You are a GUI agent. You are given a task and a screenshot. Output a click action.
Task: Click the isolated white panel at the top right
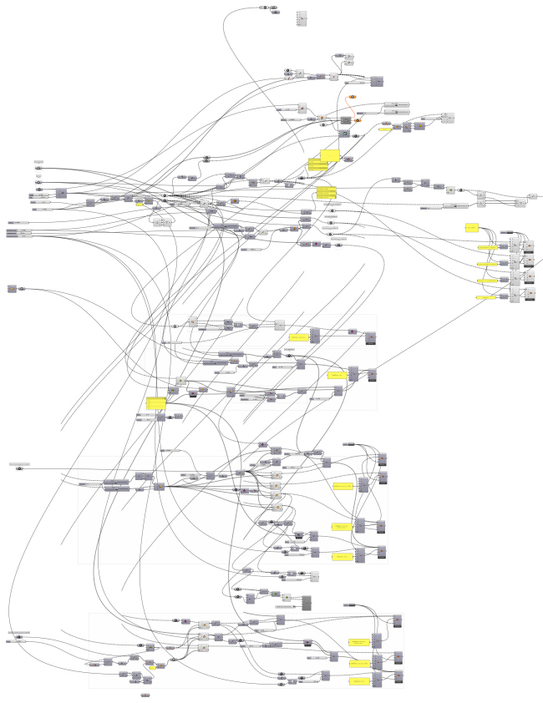[302, 18]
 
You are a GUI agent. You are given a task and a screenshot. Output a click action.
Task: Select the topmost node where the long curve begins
[264, 7]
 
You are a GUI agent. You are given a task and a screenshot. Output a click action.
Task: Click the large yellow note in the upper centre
[329, 155]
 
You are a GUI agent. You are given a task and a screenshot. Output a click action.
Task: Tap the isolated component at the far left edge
[12, 288]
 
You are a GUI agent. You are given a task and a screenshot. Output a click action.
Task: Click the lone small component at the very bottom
[145, 695]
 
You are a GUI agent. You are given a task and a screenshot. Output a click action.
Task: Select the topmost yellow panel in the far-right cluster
[470, 228]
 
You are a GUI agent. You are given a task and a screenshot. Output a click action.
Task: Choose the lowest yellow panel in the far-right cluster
[486, 296]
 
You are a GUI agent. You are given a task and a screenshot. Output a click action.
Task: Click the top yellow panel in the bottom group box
[359, 641]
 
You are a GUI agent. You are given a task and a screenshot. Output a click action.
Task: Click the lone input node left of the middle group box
[19, 468]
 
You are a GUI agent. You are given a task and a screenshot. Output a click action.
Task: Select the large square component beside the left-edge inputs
[61, 194]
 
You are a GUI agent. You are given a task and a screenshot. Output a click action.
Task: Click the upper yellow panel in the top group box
[299, 336]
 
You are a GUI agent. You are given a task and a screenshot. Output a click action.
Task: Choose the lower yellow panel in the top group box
[337, 375]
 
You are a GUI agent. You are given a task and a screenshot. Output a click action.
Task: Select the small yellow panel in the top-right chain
[384, 129]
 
